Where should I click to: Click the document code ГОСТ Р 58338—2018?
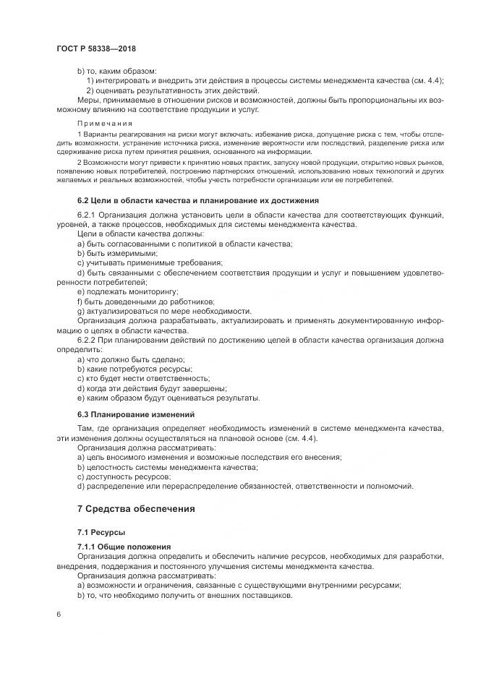pos(96,49)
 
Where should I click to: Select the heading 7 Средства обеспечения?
pos(136,508)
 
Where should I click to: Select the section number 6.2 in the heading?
pos(83,200)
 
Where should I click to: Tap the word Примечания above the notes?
pos(101,124)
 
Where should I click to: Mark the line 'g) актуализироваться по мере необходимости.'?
pos(163,310)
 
